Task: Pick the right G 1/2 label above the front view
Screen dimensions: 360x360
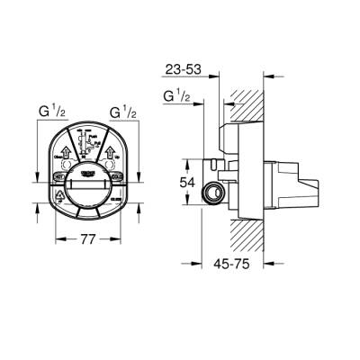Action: pos(123,114)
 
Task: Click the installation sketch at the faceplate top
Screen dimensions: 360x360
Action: pos(86,142)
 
